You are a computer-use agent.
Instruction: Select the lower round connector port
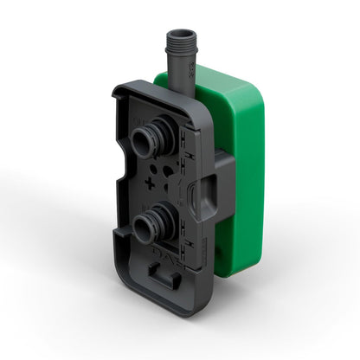pyautogui.click(x=148, y=228)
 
